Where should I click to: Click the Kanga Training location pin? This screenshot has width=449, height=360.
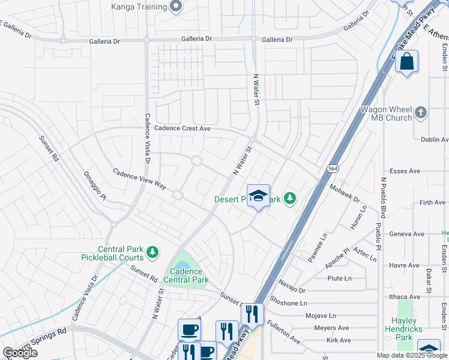[176, 7]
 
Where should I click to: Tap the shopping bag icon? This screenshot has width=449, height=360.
[406, 61]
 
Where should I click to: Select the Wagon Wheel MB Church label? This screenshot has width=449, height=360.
[386, 113]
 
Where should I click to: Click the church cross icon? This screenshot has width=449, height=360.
[421, 112]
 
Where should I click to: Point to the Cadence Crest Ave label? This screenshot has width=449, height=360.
[182, 128]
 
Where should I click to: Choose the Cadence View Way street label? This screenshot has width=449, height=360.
[139, 179]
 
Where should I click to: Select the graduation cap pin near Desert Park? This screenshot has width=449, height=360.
[258, 196]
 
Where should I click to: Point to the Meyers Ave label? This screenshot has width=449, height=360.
[332, 328]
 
